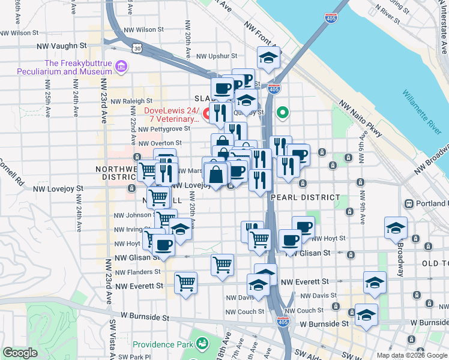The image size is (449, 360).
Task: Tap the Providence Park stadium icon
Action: [202, 344]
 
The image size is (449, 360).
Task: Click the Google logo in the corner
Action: [20, 353]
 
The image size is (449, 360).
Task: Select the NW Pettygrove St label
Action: [164, 128]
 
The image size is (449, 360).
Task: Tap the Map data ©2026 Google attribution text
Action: [411, 355]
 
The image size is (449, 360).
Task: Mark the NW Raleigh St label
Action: [133, 101]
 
